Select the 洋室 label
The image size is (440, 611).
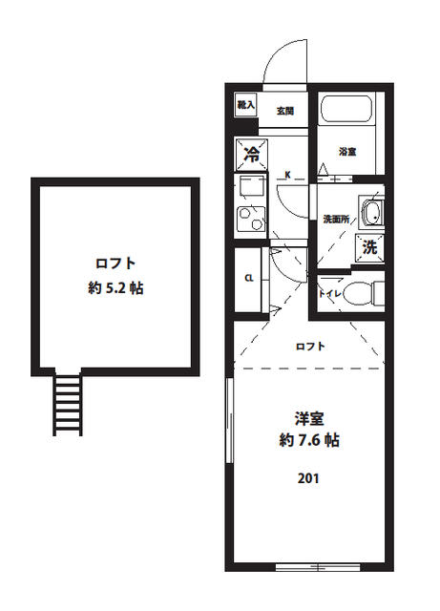pyautogui.click(x=307, y=417)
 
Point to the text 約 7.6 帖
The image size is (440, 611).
pyautogui.click(x=307, y=441)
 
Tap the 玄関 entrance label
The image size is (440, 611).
pyautogui.click(x=284, y=111)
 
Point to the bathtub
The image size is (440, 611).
pyautogui.click(x=348, y=112)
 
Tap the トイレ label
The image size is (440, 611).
pyautogui.click(x=329, y=293)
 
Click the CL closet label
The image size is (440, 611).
pyautogui.click(x=248, y=278)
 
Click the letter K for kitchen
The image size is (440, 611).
pyautogui.click(x=288, y=175)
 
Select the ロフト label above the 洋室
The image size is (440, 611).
pyautogui.click(x=307, y=346)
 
